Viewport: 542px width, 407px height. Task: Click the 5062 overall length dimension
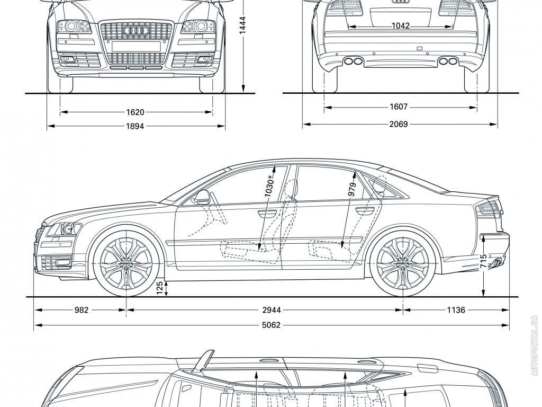coord(272,325)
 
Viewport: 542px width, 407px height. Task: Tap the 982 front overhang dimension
coord(80,310)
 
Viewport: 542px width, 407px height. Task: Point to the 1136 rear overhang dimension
coord(456,310)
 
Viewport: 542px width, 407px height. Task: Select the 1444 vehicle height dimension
coord(242,25)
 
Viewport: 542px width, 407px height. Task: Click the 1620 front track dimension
coord(135,112)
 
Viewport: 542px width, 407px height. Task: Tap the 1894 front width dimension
coord(135,126)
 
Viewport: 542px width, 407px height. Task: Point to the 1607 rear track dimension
coord(399,107)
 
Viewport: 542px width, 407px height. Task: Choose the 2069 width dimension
coord(399,125)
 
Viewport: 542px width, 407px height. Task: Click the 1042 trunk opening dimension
coord(401,25)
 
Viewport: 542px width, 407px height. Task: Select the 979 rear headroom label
coord(351,190)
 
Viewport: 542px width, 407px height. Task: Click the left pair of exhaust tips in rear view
coord(354,61)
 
